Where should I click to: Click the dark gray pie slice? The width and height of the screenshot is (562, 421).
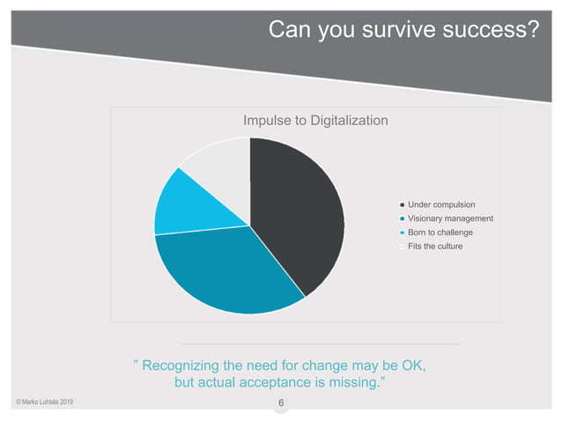pyautogui.click(x=295, y=207)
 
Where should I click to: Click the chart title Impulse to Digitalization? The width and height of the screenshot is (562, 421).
pyautogui.click(x=314, y=120)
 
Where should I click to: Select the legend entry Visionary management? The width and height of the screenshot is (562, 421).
pyautogui.click(x=450, y=218)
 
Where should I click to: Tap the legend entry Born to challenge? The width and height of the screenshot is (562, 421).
pyautogui.click(x=440, y=233)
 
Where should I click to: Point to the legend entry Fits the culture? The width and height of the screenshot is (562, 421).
pyautogui.click(x=435, y=246)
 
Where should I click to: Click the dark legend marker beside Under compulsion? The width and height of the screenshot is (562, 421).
pyautogui.click(x=402, y=205)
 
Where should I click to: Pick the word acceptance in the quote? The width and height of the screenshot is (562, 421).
pyautogui.click(x=285, y=384)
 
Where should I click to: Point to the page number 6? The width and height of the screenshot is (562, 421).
pyautogui.click(x=280, y=404)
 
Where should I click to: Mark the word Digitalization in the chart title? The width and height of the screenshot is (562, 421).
pyautogui.click(x=343, y=120)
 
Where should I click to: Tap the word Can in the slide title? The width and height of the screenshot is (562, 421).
pyautogui.click(x=286, y=32)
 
